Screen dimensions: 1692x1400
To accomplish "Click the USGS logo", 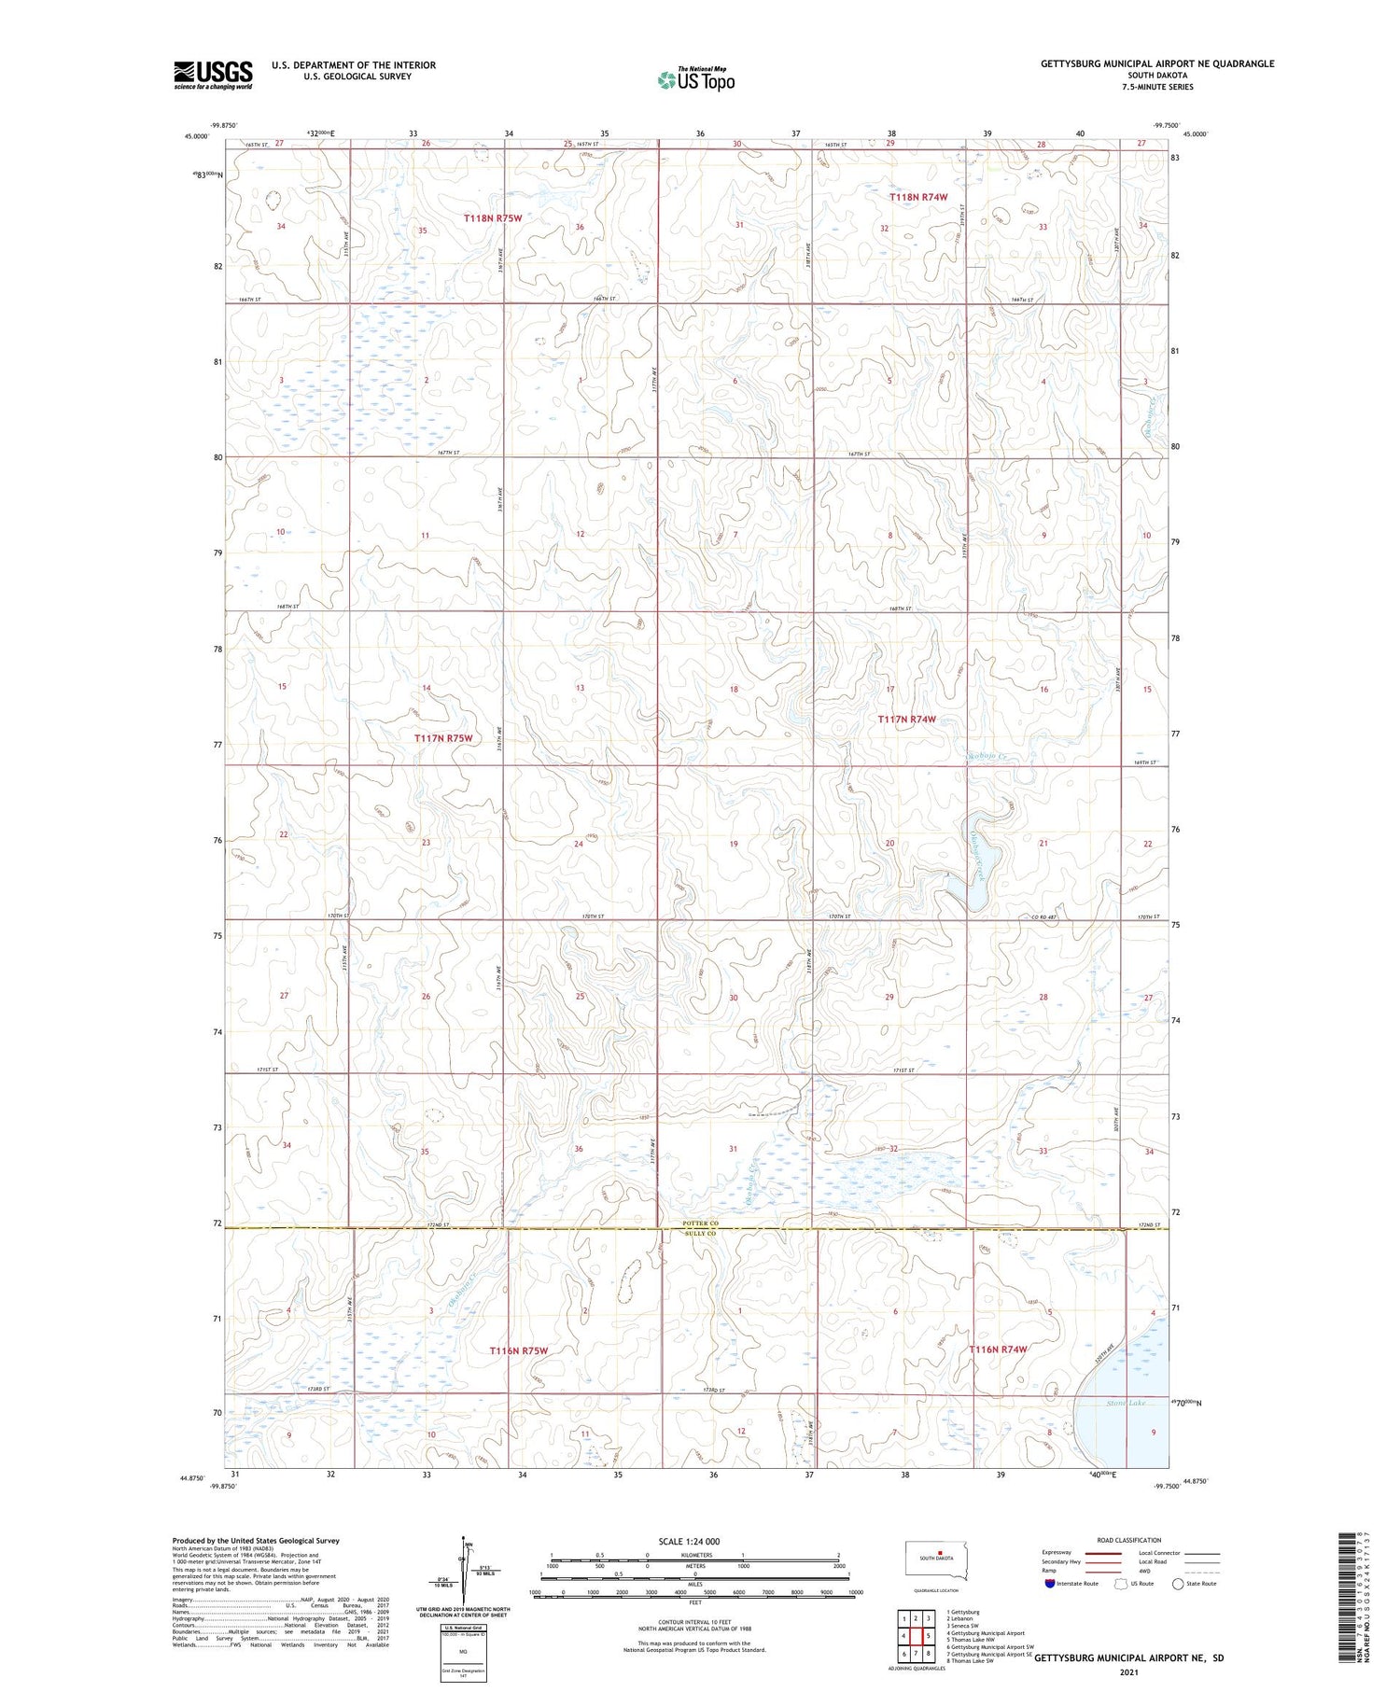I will (x=213, y=75).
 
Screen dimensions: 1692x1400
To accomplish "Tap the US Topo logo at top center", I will (x=695, y=79).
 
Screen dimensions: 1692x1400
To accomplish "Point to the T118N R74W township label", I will (x=917, y=197).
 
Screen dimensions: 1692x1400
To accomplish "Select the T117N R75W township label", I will (x=443, y=738).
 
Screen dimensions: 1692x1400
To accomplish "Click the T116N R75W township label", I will (x=518, y=1350).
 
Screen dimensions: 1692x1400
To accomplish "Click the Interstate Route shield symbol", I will (x=1050, y=1584).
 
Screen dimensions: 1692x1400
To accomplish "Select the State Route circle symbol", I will (x=1178, y=1584).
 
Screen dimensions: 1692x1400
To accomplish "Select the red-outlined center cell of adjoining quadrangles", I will (x=916, y=1636).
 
